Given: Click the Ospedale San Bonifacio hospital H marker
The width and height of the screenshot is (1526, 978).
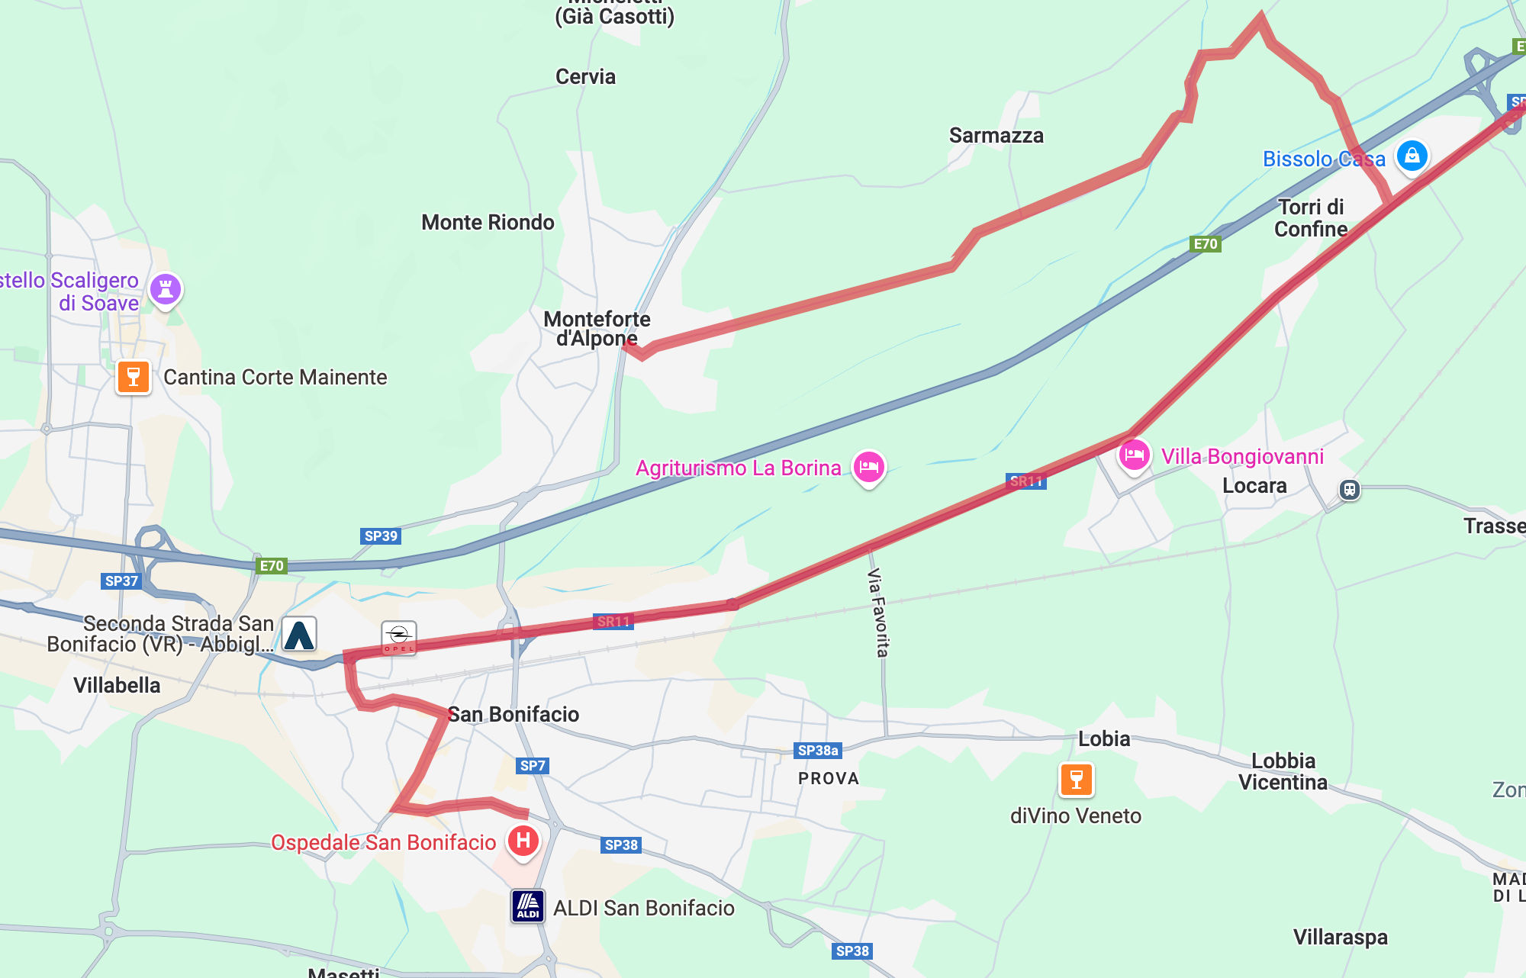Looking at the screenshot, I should click(x=523, y=841).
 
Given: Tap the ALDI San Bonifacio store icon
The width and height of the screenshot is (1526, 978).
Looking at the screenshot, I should click(x=528, y=907).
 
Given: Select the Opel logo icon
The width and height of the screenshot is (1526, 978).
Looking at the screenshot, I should click(x=398, y=637).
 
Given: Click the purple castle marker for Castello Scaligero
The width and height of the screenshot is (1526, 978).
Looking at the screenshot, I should click(x=166, y=289).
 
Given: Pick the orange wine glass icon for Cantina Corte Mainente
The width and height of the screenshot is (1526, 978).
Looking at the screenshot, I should click(x=134, y=377).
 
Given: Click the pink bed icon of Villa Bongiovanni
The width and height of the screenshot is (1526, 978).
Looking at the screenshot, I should click(x=1134, y=455).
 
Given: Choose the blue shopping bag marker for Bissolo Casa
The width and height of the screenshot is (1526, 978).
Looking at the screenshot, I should click(x=1412, y=156).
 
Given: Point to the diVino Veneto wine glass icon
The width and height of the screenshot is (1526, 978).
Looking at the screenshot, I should click(x=1077, y=780).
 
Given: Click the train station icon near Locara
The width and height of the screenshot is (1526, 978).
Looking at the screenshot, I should click(x=1349, y=490).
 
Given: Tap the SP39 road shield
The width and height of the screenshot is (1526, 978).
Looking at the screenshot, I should click(x=381, y=536).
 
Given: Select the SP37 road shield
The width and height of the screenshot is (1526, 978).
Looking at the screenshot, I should click(x=121, y=581).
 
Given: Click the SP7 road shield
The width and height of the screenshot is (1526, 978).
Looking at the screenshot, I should click(x=533, y=766).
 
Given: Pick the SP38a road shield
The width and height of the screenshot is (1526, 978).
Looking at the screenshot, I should click(x=818, y=751).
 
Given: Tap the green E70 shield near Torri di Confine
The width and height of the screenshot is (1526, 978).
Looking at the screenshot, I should click(x=1206, y=244).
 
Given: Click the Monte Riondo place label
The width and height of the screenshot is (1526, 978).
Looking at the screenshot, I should click(x=488, y=223).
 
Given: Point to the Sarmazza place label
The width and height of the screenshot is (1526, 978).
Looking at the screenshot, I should click(x=996, y=136).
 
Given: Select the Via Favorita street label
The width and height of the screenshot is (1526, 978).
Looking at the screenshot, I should click(x=878, y=612).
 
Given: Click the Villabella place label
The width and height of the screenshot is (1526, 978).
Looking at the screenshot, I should click(x=117, y=685).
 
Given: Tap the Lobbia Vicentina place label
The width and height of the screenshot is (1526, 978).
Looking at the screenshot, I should click(x=1283, y=771).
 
